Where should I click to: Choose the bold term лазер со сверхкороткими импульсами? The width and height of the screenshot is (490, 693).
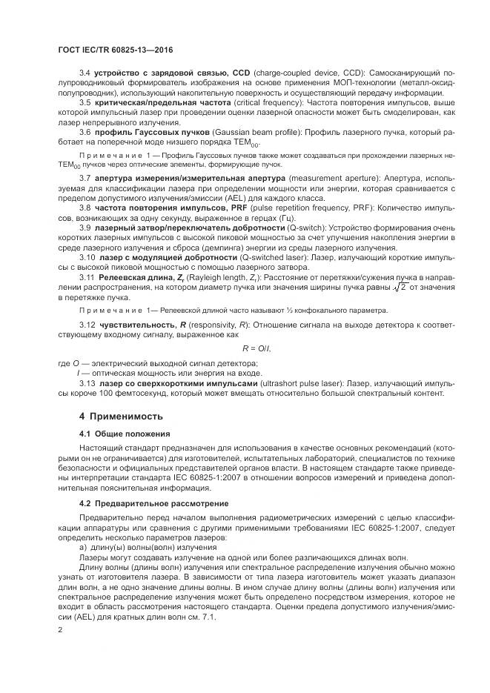[x=173, y=383]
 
